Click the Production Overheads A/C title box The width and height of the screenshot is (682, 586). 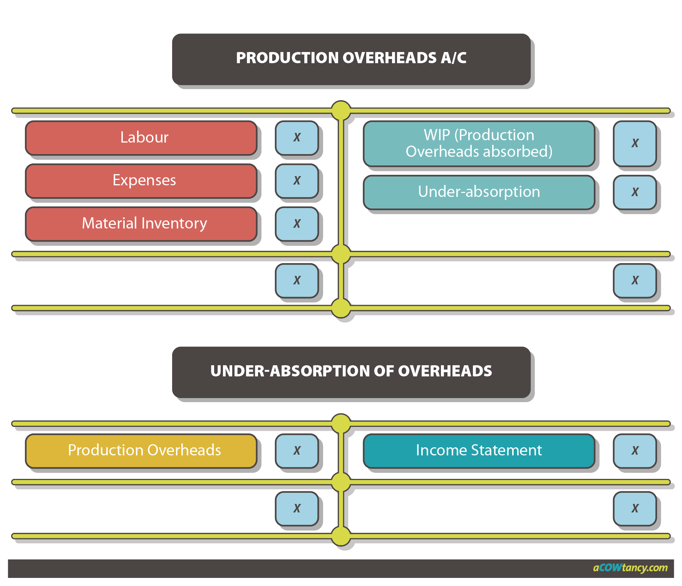(351, 59)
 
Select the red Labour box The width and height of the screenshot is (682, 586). (141, 138)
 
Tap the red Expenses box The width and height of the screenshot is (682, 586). (141, 180)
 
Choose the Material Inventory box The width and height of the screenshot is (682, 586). (141, 223)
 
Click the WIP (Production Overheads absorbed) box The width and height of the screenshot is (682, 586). (479, 143)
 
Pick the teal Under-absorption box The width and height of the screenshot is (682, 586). (479, 192)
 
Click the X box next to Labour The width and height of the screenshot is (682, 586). (297, 138)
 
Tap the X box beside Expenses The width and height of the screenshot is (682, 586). (297, 180)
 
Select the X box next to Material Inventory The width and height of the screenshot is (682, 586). (297, 223)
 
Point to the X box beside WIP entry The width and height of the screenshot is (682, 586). (635, 143)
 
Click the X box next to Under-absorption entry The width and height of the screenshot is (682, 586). (635, 192)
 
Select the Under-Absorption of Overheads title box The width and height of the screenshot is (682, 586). (351, 372)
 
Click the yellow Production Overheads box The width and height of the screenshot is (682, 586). (141, 450)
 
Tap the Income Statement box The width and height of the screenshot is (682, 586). (479, 450)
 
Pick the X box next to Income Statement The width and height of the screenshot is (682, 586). (635, 450)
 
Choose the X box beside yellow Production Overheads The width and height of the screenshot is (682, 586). (297, 450)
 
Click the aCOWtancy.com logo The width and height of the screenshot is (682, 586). (630, 568)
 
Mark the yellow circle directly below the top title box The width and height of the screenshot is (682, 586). (341, 111)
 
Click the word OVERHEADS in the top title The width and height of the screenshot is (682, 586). (389, 58)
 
